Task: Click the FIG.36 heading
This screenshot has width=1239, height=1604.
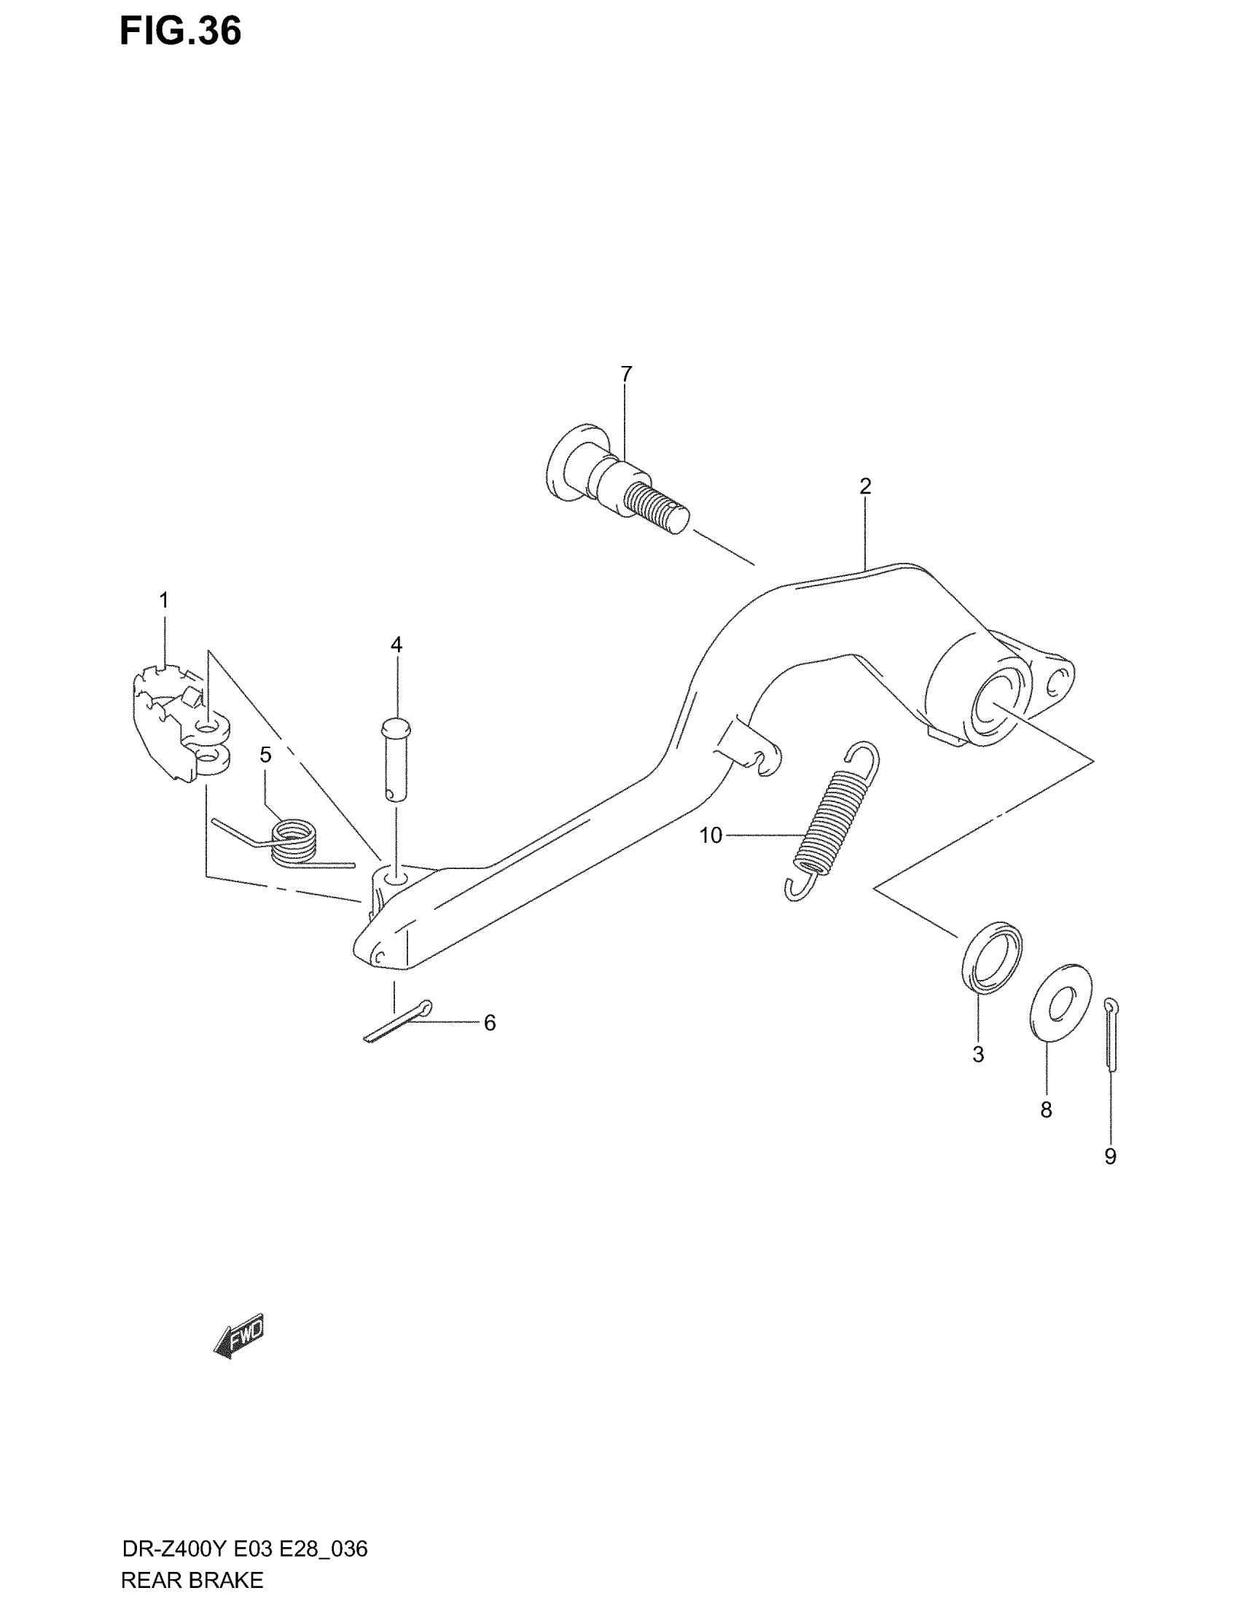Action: click(x=181, y=33)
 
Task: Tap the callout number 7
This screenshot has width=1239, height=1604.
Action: click(x=625, y=375)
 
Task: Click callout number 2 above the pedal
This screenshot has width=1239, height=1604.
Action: click(x=864, y=486)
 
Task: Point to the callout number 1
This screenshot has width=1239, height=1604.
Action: click(x=165, y=600)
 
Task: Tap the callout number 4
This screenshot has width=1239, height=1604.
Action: click(x=396, y=645)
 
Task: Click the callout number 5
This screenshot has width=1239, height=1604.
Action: click(x=266, y=755)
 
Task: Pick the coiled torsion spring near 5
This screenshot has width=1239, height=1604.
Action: click(x=292, y=843)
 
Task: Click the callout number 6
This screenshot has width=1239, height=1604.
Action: click(x=490, y=1023)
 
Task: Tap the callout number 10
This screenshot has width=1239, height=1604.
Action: click(x=711, y=835)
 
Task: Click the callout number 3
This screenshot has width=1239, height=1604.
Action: click(x=977, y=1055)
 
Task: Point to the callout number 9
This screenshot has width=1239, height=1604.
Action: click(x=1110, y=1157)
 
